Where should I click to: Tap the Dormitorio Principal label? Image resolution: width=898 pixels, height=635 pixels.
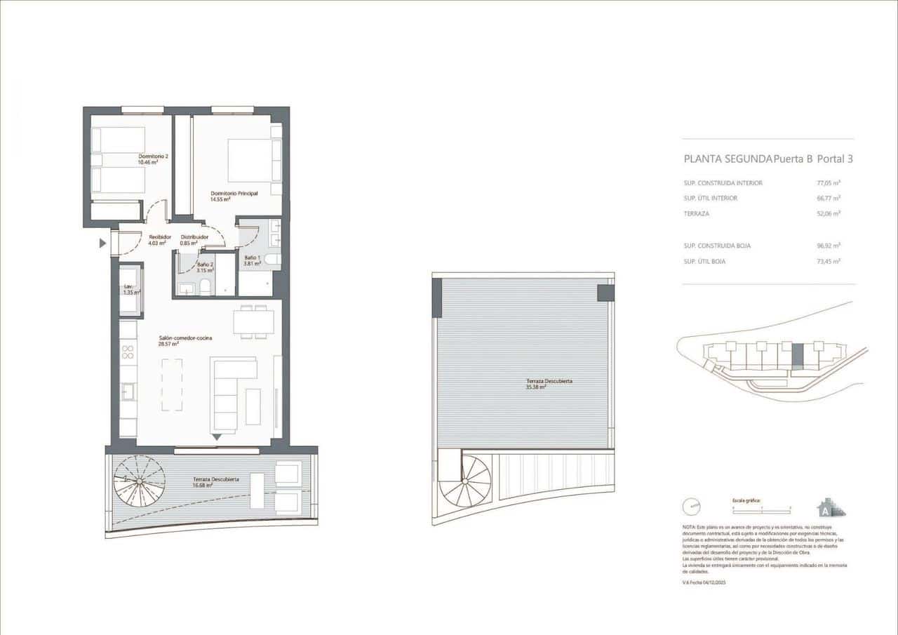tap(235, 196)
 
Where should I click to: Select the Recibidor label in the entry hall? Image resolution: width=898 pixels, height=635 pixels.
tap(160, 240)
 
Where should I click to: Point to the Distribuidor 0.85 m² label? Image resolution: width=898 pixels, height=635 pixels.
tap(194, 240)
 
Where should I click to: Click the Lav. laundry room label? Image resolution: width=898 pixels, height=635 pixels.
tap(129, 290)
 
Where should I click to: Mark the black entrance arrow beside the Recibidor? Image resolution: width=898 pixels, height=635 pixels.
tap(102, 243)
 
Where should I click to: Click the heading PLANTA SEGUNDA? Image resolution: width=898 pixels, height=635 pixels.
tap(728, 159)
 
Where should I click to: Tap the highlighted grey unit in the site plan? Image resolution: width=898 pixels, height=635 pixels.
tap(797, 356)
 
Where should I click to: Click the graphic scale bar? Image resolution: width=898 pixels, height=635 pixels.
tap(760, 506)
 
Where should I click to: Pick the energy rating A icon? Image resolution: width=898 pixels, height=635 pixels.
tap(825, 507)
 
